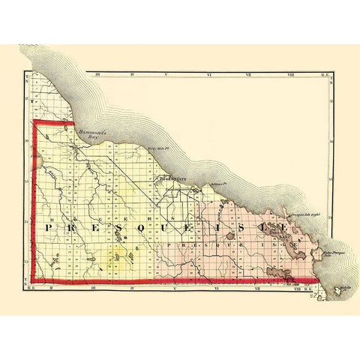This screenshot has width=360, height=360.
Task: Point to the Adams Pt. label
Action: point(218,182)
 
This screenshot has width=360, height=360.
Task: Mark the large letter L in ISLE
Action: point(259,226)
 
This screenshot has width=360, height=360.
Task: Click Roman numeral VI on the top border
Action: point(214,74)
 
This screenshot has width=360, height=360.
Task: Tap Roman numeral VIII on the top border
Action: point(297,74)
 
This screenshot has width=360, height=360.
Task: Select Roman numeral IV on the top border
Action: point(131,74)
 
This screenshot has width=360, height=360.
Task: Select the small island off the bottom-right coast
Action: point(346,288)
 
